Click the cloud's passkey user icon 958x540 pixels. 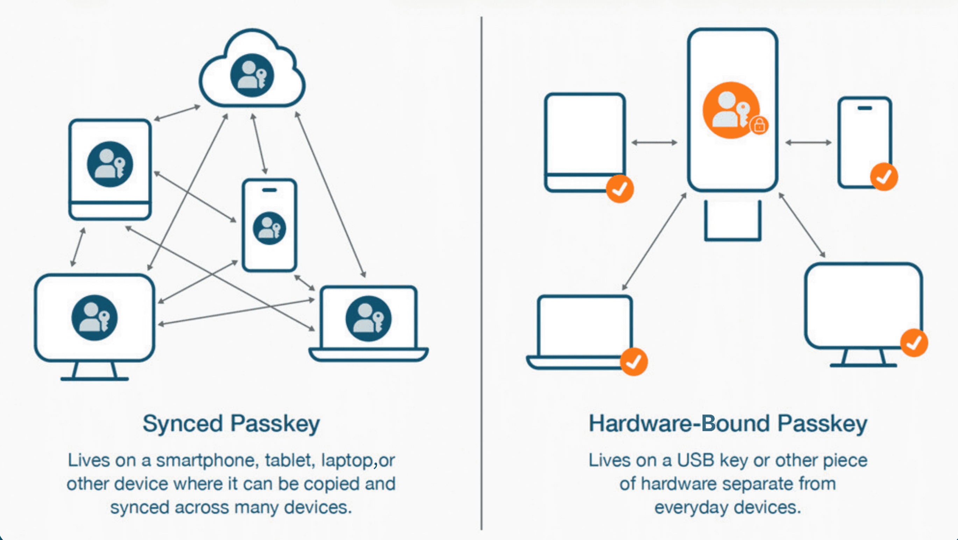[x=252, y=76]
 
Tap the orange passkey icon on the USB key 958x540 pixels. [x=731, y=110]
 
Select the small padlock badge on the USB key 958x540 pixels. [x=759, y=125]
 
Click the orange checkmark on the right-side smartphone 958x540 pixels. [x=884, y=177]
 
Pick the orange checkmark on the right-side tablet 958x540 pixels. [x=620, y=189]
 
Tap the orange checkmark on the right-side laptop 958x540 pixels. [x=634, y=362]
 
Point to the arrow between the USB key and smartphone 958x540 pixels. [x=808, y=142]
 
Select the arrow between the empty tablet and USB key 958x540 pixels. [x=654, y=142]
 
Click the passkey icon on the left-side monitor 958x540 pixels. [x=94, y=317]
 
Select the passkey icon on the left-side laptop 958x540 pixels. [x=368, y=318]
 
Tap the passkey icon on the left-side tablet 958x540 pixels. [x=110, y=164]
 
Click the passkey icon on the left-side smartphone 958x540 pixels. [x=269, y=228]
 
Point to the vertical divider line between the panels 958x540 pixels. [x=481, y=273]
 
